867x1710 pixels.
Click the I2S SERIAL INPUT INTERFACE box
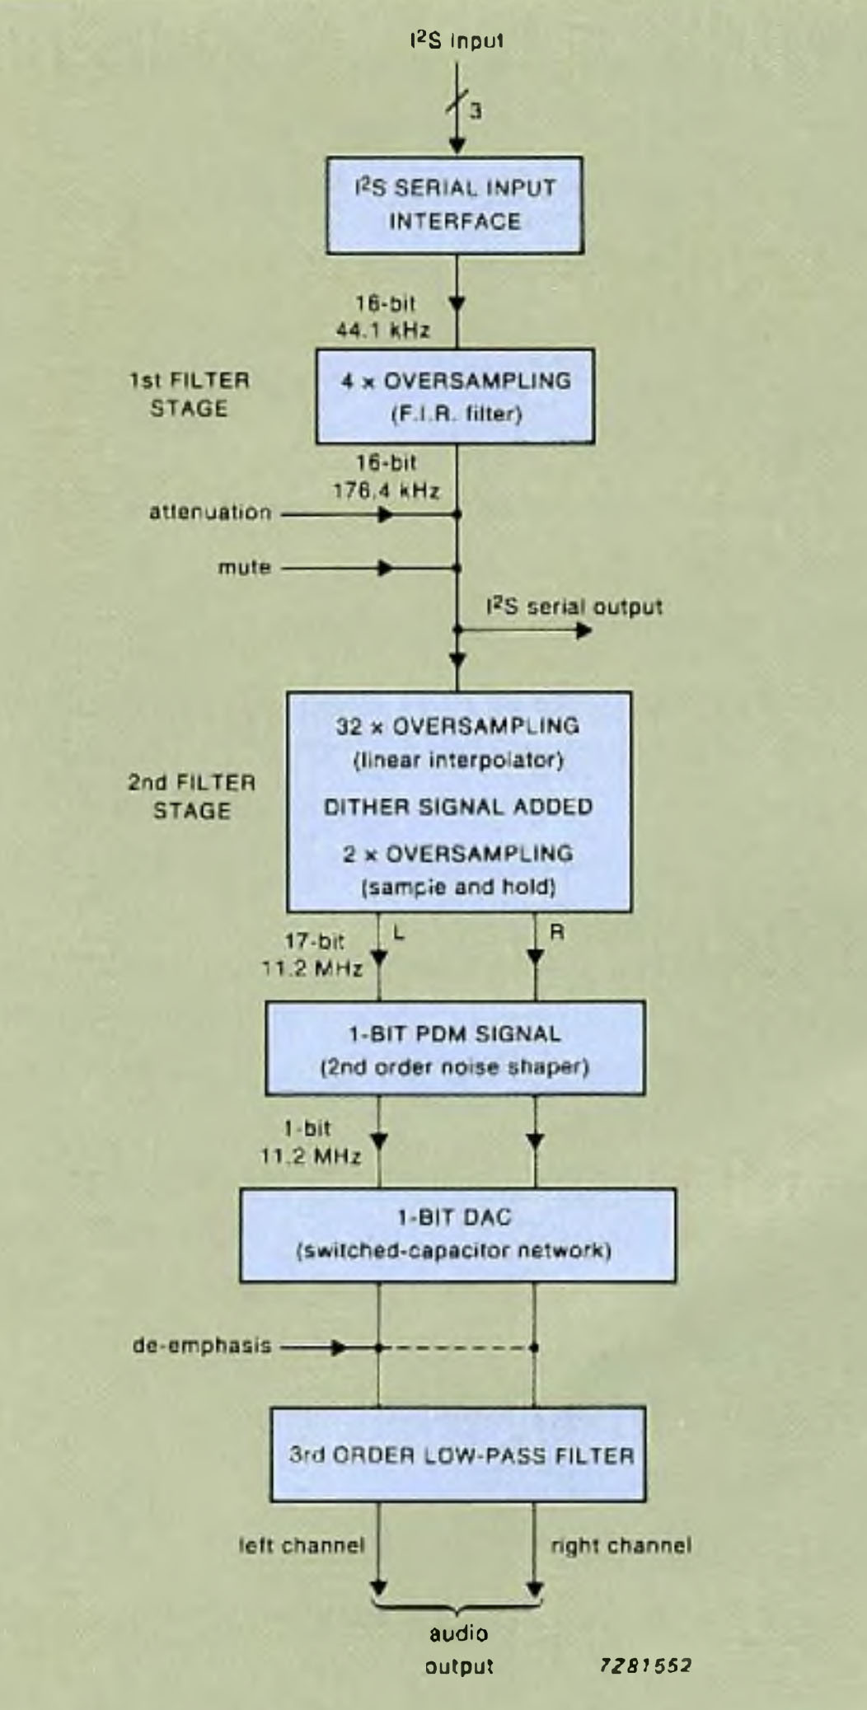coord(455,205)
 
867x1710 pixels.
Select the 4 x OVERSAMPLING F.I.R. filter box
coord(455,396)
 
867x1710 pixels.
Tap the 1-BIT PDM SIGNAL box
coord(455,1048)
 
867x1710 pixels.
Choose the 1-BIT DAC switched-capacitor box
coord(457,1234)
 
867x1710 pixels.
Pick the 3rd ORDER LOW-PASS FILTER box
coord(458,1455)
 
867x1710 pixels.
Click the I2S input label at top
coord(457,40)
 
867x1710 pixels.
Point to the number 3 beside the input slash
coord(476,110)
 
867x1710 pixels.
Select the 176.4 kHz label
coord(386,491)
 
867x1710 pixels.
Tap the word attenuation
coord(210,513)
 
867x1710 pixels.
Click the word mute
coord(245,568)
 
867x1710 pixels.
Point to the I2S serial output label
coord(574,607)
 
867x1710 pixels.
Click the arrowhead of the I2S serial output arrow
coord(584,631)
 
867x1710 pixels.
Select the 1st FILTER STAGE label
coord(189,395)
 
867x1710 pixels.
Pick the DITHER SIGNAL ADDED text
coord(458,807)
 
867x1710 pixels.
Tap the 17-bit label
coord(314,941)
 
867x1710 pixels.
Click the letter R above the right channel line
coord(557,933)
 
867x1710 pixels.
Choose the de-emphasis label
coord(202,1346)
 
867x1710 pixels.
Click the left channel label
coord(302,1546)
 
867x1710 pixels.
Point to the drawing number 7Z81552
coord(645,1665)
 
